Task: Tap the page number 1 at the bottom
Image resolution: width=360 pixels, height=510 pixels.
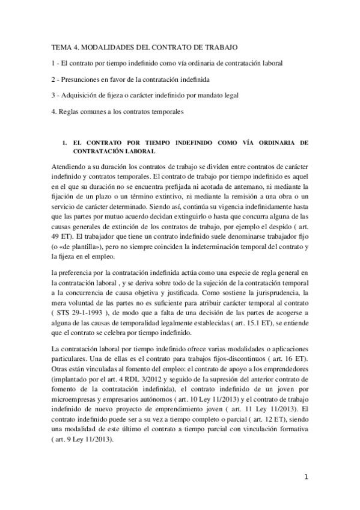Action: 306,478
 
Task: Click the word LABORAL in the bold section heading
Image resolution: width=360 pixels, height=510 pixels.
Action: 138,152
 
